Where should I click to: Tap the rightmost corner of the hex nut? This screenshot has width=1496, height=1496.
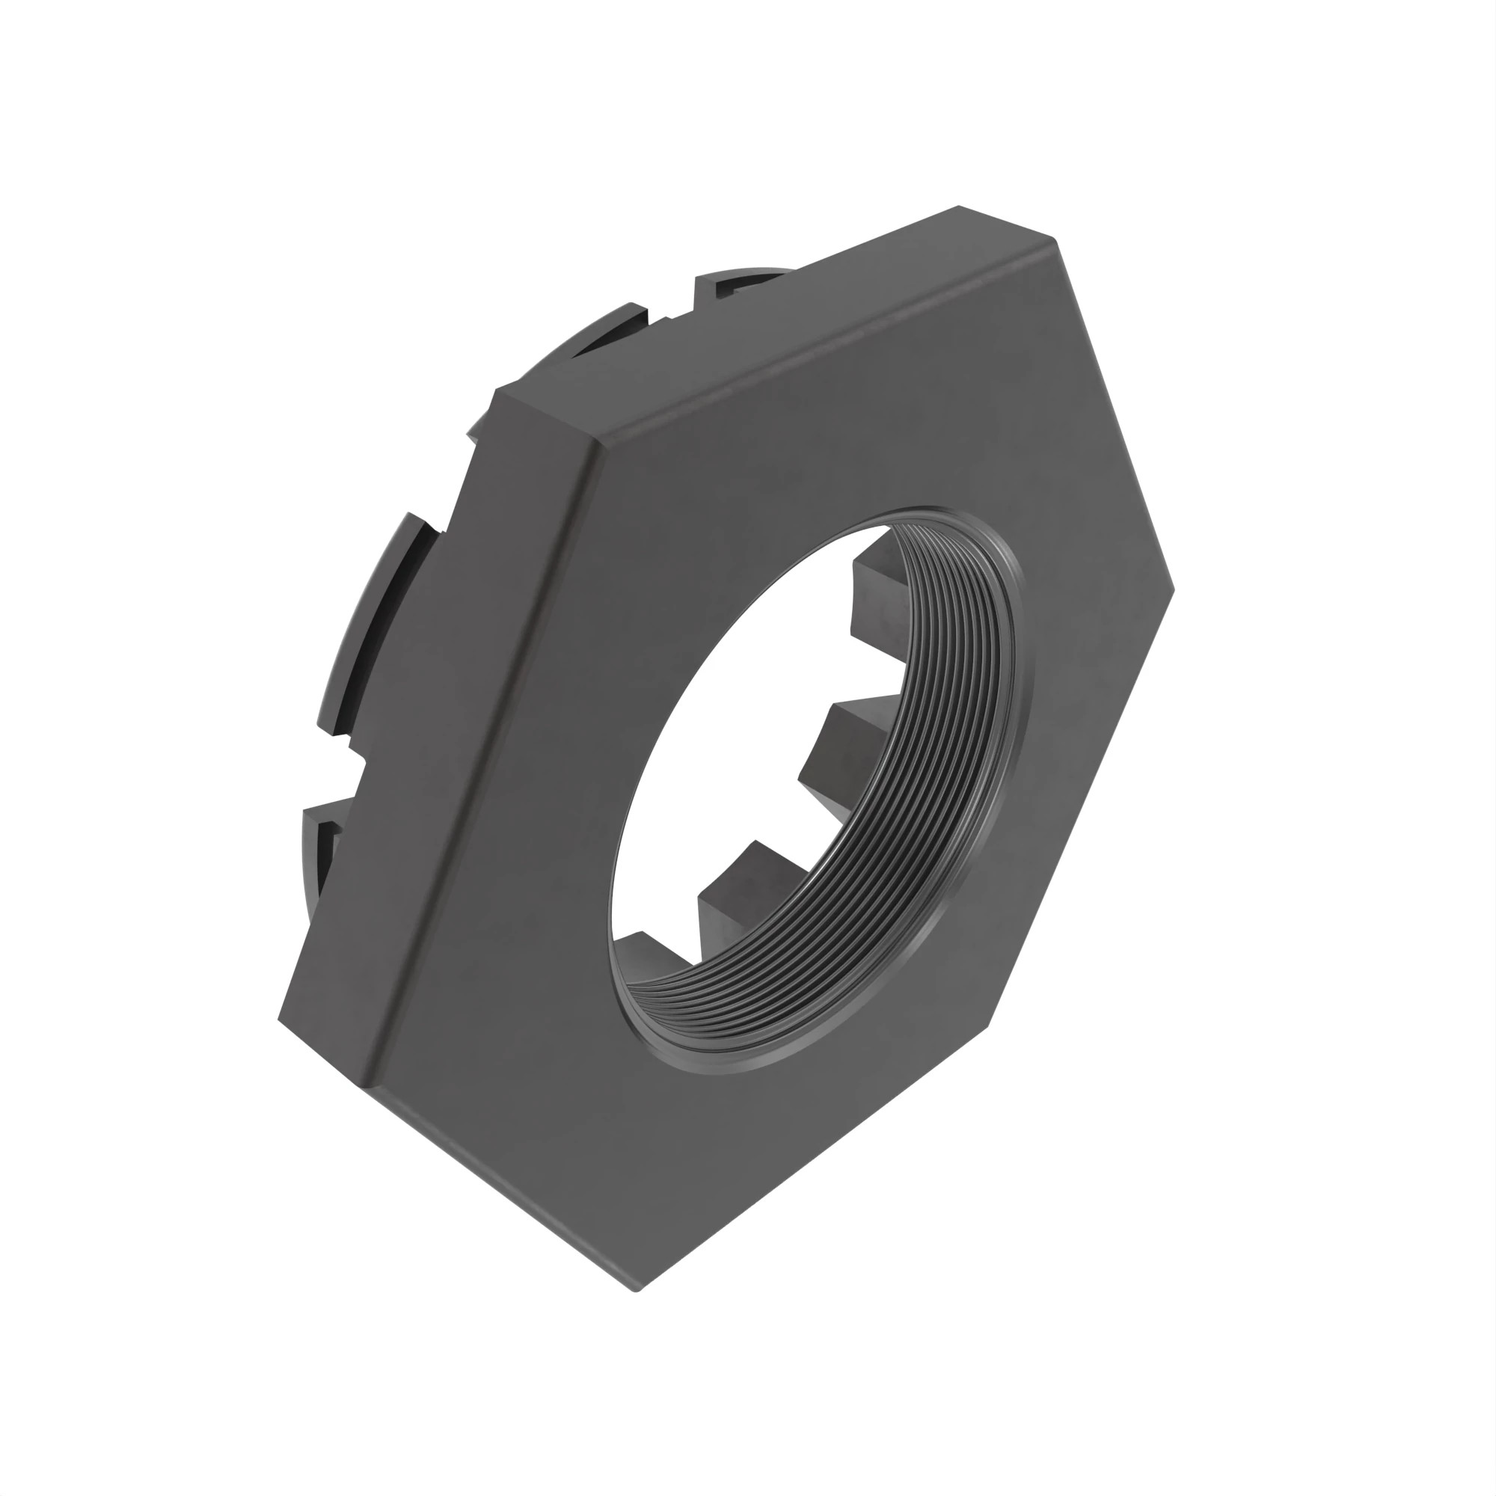click(1172, 590)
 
